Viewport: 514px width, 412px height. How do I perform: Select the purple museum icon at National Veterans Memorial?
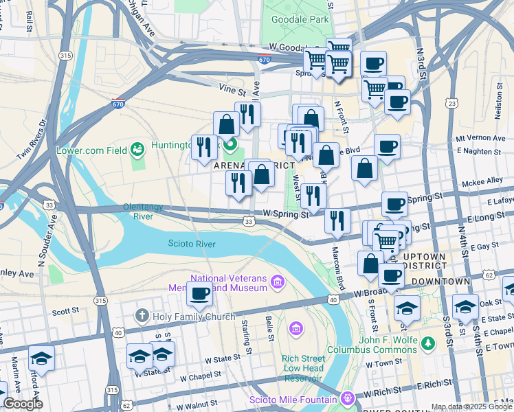[x=277, y=282]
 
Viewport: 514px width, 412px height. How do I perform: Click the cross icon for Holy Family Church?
[x=142, y=316]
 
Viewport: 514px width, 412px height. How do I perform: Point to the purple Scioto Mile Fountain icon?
[x=348, y=399]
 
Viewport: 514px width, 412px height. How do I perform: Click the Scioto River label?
[x=192, y=244]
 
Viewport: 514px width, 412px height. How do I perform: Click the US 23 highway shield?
[x=451, y=103]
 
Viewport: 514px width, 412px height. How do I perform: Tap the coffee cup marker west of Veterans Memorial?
[x=200, y=294]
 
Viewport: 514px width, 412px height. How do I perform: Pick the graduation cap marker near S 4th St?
[x=465, y=306]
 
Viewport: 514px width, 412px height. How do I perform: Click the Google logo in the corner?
[x=23, y=404]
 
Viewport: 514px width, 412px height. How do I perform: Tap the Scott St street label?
[x=66, y=311]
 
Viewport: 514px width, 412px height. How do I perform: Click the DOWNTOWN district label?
[x=440, y=282]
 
